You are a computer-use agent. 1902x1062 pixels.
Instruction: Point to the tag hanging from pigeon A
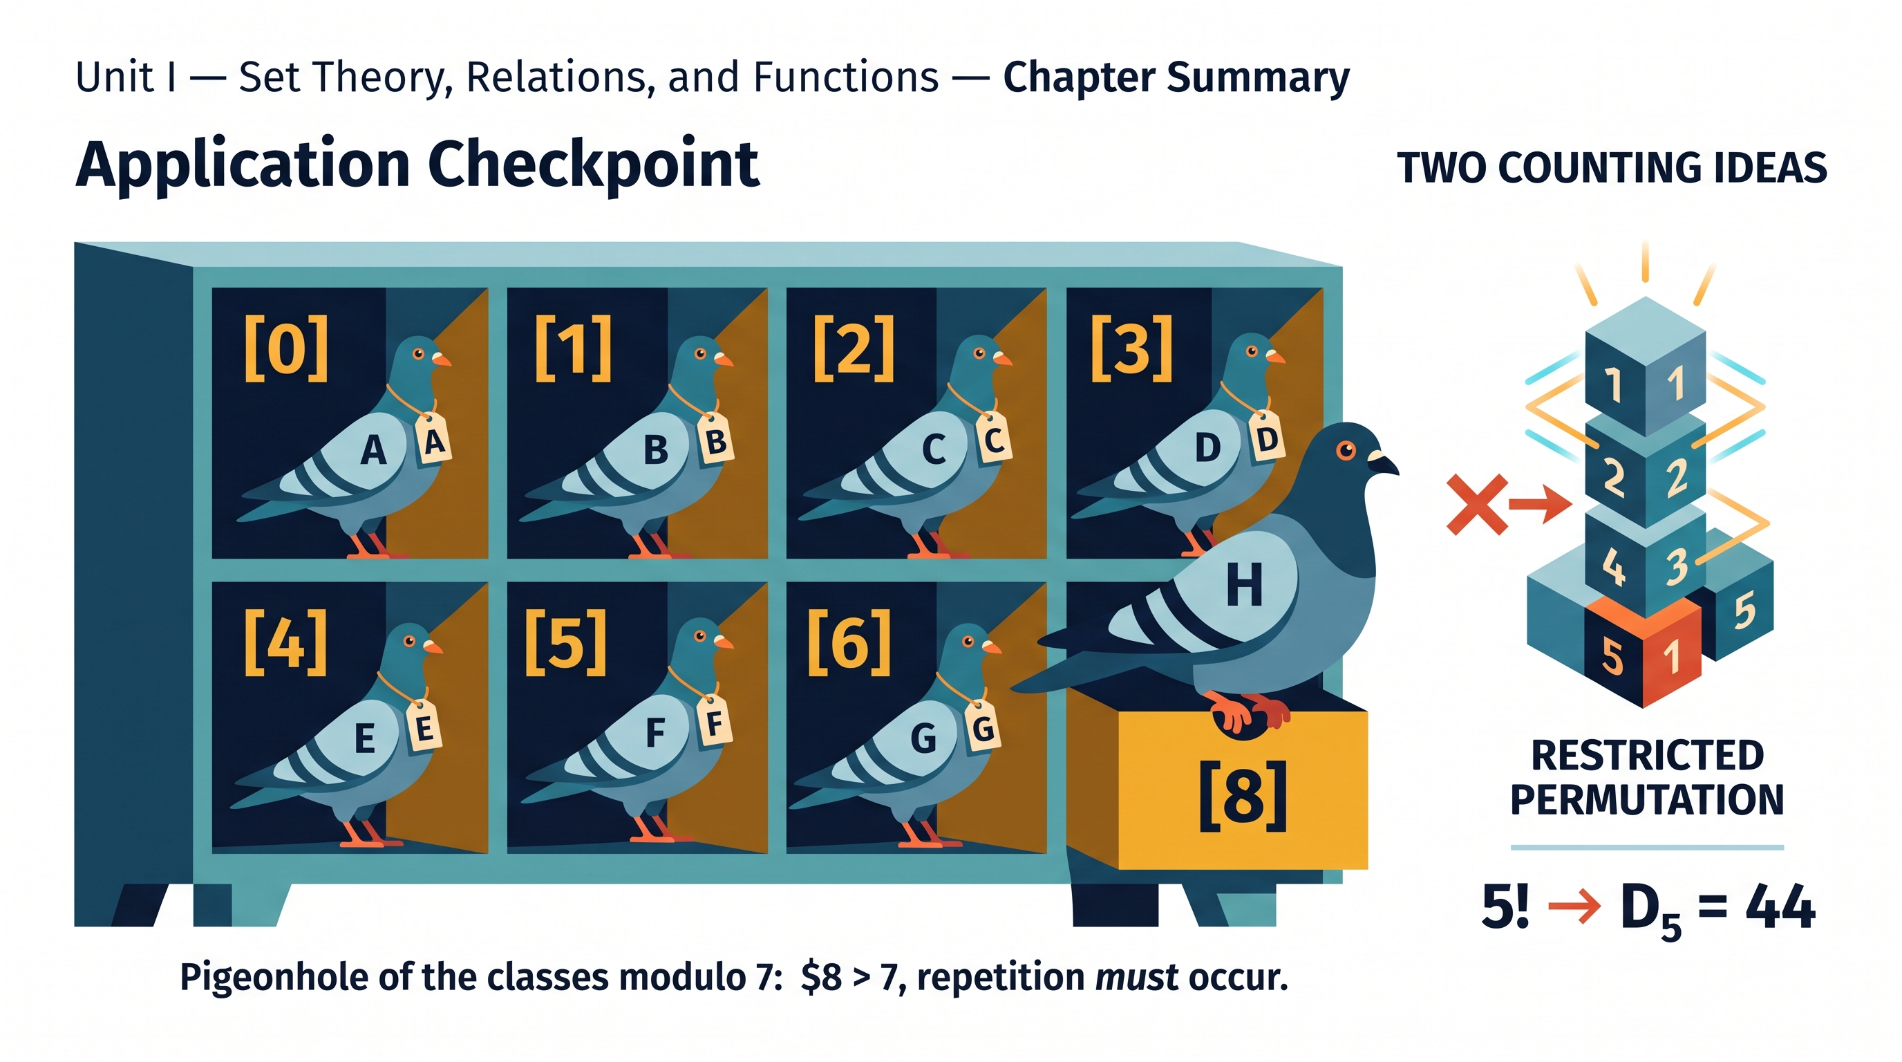(x=434, y=441)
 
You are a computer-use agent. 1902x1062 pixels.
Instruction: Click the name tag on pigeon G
(x=983, y=728)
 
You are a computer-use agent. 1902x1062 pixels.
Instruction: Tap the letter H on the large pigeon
(x=1244, y=585)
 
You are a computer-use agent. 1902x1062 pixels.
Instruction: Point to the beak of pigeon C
(x=1002, y=360)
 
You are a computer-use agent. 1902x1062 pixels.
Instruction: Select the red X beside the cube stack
(x=1477, y=505)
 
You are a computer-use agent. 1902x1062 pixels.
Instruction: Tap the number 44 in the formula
(x=1780, y=906)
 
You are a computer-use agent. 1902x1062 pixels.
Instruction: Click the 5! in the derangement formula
(x=1505, y=906)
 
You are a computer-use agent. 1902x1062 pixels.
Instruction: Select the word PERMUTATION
(x=1647, y=799)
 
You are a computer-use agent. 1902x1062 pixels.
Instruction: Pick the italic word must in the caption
(x=1136, y=977)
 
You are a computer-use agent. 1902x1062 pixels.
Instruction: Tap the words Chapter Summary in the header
(x=1176, y=77)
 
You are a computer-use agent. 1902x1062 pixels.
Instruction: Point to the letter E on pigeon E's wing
(x=365, y=738)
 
